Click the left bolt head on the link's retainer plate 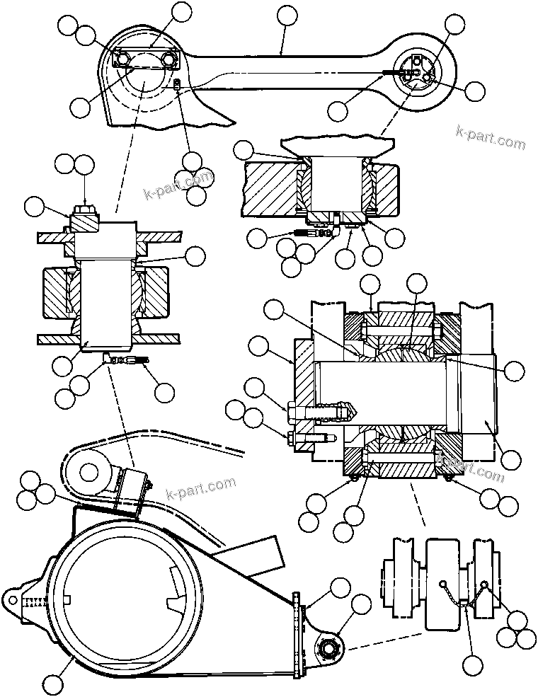[x=123, y=58]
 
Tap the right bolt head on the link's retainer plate [x=168, y=59]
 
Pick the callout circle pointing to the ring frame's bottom [x=53, y=684]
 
